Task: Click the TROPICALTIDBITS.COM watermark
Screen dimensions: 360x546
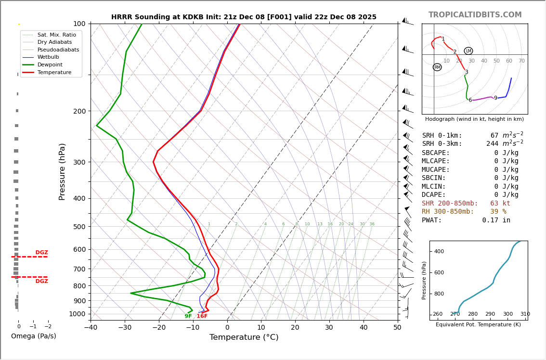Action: [475, 15]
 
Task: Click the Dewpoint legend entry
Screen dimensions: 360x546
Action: [50, 65]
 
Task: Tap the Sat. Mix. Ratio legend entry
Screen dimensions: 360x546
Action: [56, 35]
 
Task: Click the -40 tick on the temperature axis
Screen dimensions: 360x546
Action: [91, 328]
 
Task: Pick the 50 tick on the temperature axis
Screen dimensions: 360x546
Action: [397, 328]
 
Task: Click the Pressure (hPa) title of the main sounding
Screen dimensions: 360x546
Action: [63, 171]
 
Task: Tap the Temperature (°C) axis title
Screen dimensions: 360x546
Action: [244, 337]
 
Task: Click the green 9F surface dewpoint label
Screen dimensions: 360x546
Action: [188, 316]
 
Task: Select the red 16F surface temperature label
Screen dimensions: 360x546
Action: [202, 316]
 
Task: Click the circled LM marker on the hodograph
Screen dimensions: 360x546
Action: [468, 51]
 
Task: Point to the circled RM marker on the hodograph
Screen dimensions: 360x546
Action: [437, 67]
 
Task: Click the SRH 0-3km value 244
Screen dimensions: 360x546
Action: [493, 144]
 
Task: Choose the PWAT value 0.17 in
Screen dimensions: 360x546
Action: [496, 220]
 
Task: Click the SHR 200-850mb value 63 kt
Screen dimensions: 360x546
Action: [500, 204]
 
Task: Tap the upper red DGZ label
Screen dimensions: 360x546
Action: [42, 253]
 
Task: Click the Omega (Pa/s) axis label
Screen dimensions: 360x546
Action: [34, 336]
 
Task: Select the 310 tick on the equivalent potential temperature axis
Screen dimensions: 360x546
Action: [525, 314]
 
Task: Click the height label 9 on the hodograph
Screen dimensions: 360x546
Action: [495, 98]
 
